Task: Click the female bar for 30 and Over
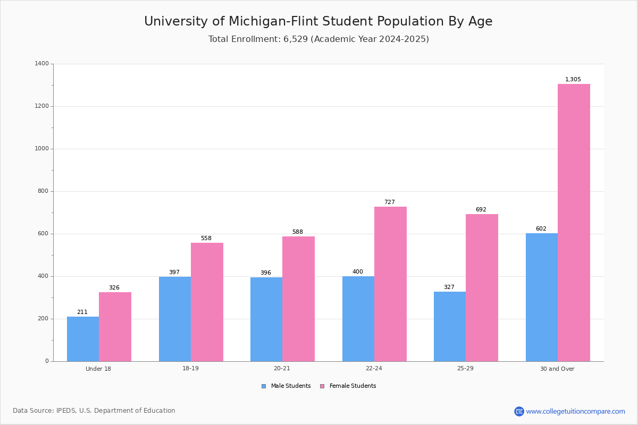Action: click(574, 223)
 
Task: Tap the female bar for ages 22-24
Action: click(390, 284)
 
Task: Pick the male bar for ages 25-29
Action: click(450, 326)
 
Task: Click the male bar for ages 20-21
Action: click(266, 319)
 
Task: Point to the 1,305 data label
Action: click(573, 80)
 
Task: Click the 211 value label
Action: click(82, 312)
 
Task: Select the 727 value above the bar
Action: click(389, 202)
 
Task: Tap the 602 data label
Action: click(541, 229)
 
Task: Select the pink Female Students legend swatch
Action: click(322, 386)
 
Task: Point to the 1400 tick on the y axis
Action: click(41, 64)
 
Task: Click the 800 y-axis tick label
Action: click(43, 191)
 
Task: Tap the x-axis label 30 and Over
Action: click(557, 369)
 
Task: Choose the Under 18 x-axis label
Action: click(98, 369)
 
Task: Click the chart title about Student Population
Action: click(318, 22)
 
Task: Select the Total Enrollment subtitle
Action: click(318, 39)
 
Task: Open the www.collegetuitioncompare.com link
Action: click(575, 411)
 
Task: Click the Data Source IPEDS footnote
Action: click(94, 411)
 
